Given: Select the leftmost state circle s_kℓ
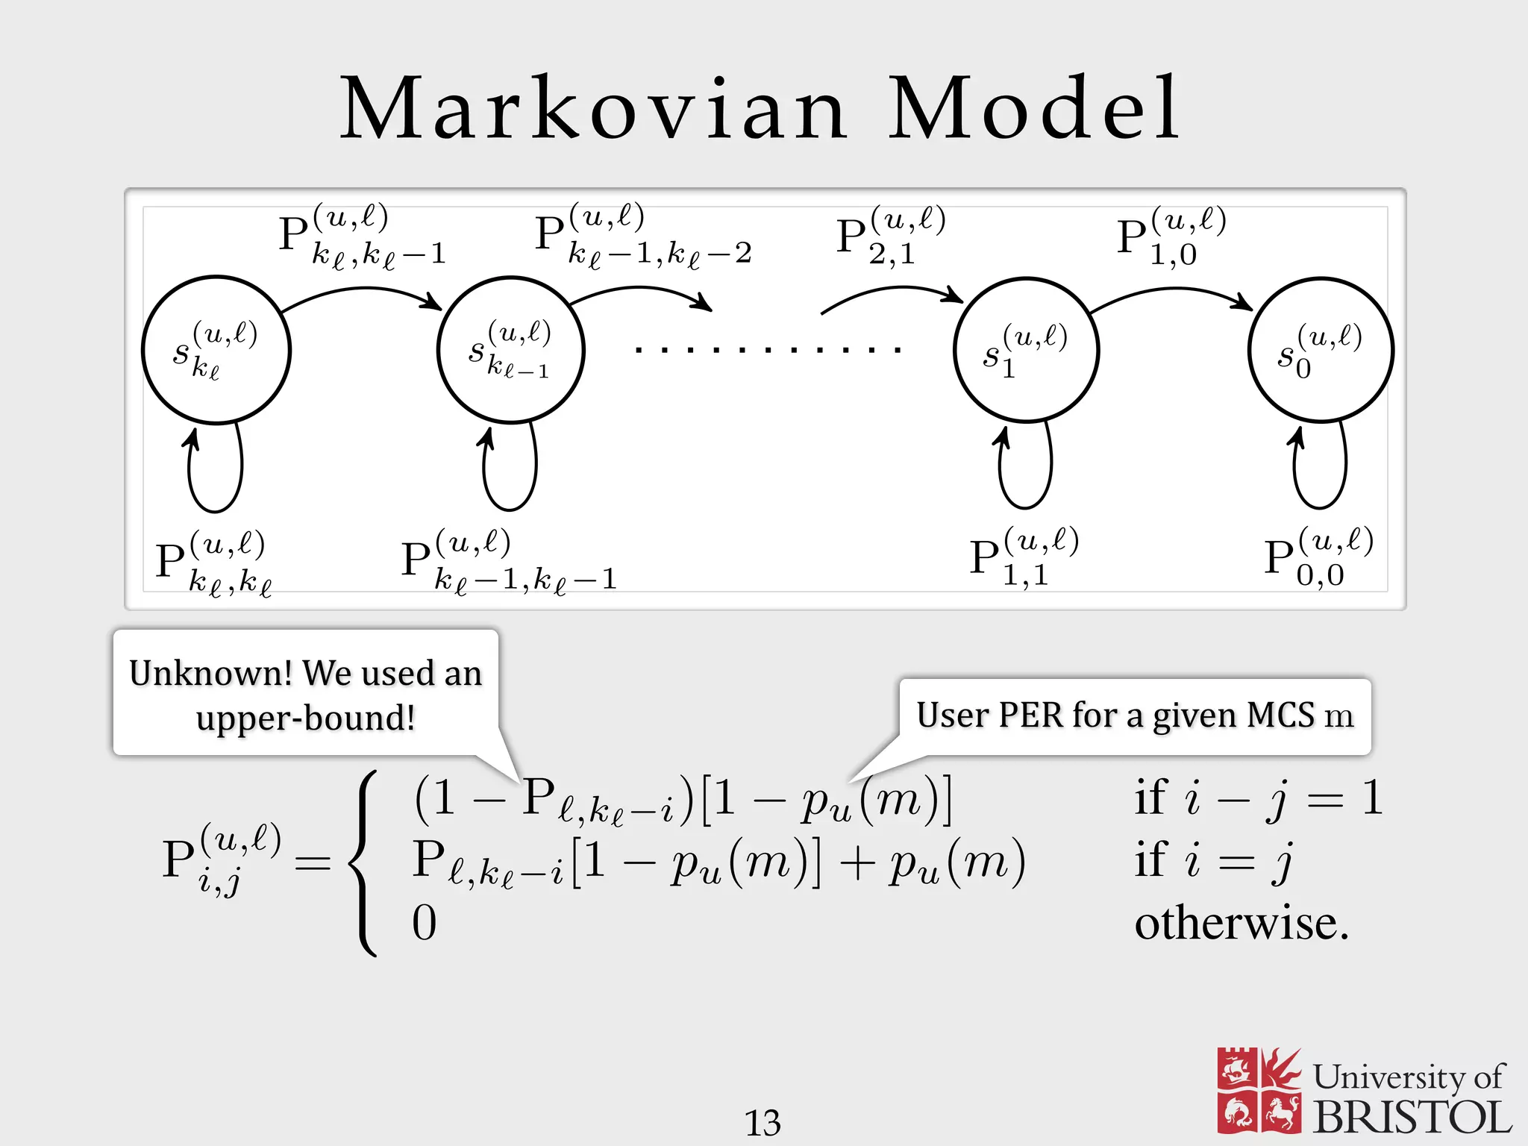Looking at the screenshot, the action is click(216, 350).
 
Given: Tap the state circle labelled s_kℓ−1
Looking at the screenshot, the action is click(511, 350).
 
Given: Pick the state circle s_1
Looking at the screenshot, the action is click(1026, 350).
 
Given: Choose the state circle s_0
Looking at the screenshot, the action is click(1321, 350).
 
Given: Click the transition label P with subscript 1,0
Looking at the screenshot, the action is click(1170, 236).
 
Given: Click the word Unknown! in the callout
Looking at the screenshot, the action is click(210, 673).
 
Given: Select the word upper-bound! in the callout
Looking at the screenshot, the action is click(305, 718).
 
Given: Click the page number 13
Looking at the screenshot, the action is click(763, 1122).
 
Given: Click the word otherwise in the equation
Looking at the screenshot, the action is click(1241, 924).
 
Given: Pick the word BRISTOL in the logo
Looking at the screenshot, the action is click(1412, 1118).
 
